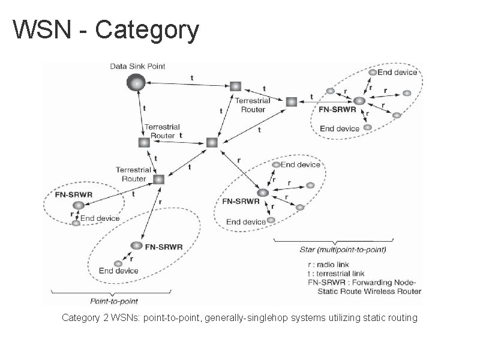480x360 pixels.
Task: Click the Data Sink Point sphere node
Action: (136, 82)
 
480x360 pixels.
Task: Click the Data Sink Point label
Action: (137, 66)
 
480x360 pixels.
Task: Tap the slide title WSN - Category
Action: (106, 29)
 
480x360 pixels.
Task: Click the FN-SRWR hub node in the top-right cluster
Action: (359, 101)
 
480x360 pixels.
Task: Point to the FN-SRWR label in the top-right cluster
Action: (337, 110)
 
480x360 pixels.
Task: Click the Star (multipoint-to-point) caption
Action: (343, 249)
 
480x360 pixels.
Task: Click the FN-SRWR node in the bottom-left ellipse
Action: (137, 246)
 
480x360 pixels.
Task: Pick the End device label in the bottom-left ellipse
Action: (119, 271)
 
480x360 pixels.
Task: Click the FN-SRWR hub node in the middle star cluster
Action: (262, 193)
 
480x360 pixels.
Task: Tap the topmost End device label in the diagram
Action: (397, 73)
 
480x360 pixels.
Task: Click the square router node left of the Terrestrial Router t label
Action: (144, 143)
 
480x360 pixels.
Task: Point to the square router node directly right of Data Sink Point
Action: (235, 87)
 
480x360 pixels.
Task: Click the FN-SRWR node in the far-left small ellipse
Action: (78, 205)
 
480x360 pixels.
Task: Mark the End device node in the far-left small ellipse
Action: (76, 223)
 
